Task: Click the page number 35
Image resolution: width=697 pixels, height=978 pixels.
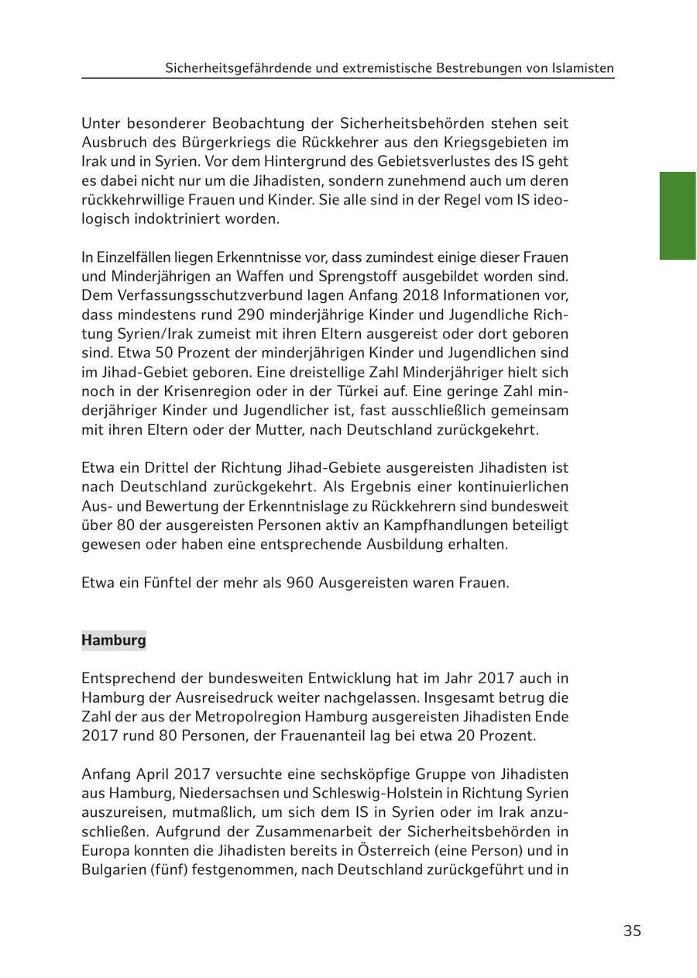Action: coord(632,931)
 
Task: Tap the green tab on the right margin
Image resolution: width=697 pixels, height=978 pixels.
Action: coord(678,215)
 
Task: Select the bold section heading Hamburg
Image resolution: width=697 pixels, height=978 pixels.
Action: coord(114,640)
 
